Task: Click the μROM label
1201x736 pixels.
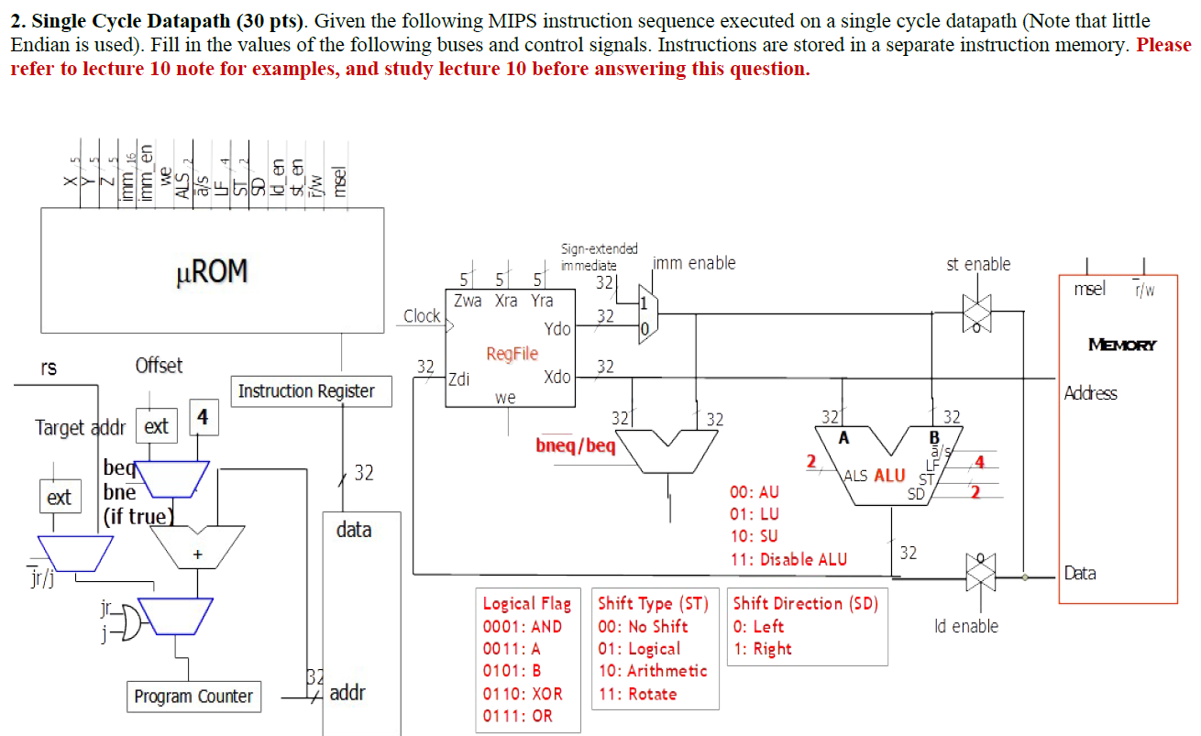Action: click(211, 271)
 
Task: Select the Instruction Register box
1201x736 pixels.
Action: click(306, 391)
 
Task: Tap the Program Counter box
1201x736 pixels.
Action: click(193, 697)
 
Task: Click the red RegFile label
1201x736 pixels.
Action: click(512, 354)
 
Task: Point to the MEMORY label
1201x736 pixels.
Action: click(1122, 345)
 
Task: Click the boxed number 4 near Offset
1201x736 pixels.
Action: click(203, 417)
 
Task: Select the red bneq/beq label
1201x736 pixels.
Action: click(576, 445)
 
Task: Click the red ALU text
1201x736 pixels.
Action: click(888, 475)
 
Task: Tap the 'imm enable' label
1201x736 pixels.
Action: click(694, 264)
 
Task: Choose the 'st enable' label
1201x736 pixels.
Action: click(978, 264)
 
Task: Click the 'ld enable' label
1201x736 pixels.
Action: click(966, 626)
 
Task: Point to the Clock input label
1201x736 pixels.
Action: click(422, 316)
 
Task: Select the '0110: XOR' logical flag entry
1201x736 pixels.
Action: click(523, 694)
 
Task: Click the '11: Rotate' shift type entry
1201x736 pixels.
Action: click(637, 694)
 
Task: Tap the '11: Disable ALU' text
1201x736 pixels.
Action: click(788, 559)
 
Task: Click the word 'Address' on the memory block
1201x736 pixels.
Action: click(1090, 393)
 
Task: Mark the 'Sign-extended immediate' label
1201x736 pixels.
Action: click(599, 257)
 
